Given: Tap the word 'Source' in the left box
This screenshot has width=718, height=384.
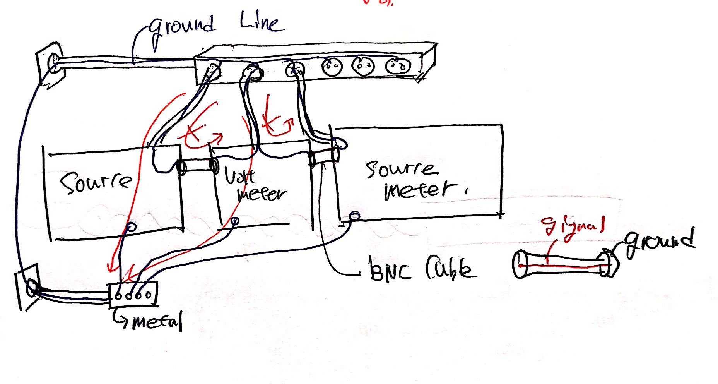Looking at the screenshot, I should click(96, 183).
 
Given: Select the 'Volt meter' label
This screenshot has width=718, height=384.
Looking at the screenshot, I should click(255, 187).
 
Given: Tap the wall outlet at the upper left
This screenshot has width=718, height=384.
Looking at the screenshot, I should click(50, 63).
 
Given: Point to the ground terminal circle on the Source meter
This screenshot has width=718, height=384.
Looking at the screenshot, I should click(354, 216).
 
